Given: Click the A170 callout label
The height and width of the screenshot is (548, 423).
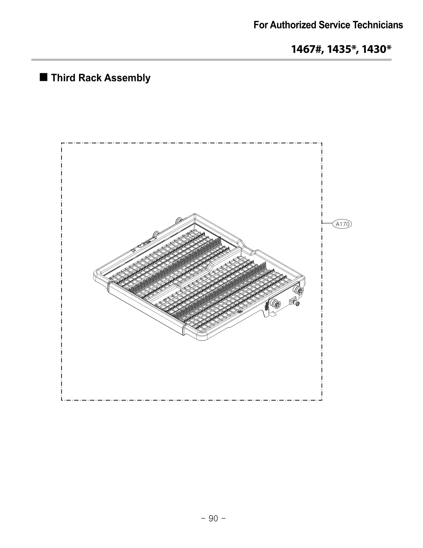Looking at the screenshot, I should pos(342,224).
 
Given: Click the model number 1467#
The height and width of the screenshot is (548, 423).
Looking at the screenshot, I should pos(307,49).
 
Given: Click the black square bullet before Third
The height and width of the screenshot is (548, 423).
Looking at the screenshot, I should pos(44,77).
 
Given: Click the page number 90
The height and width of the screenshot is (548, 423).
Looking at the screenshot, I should pos(213,519).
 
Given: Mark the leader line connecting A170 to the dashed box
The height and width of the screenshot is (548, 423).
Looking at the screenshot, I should pos(327,223).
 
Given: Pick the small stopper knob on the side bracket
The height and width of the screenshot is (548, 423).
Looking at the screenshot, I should pos(297,304).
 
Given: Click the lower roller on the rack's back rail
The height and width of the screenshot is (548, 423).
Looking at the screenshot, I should pos(155,233).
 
